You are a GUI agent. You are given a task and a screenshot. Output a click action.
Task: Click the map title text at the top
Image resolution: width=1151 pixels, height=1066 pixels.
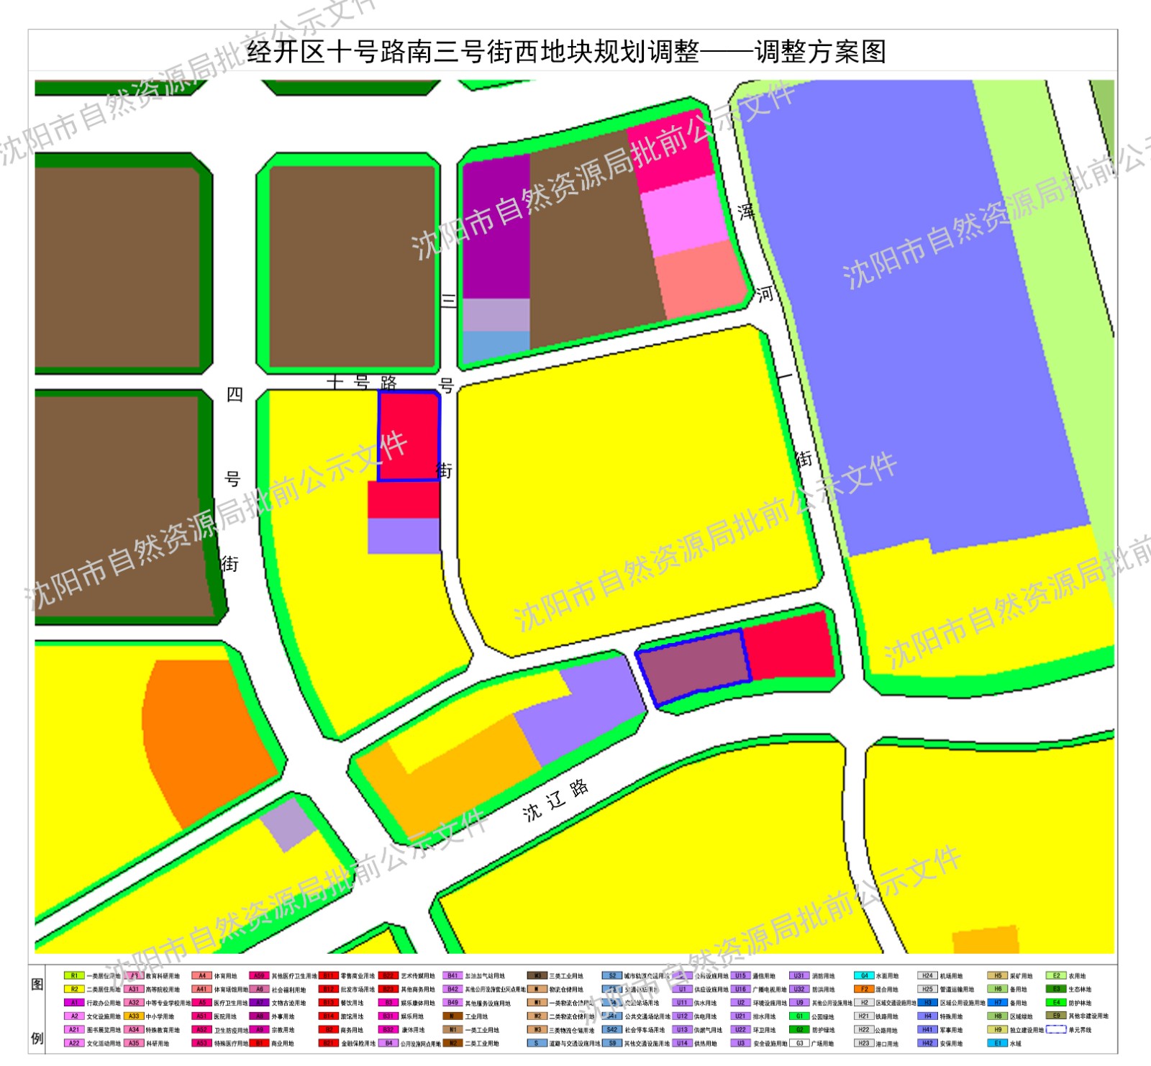[x=566, y=52]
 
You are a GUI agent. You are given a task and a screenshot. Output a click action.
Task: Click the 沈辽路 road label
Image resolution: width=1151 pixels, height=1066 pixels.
[x=555, y=801]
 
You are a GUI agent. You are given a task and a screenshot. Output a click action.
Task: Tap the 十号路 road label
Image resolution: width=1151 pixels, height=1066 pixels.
[x=361, y=382]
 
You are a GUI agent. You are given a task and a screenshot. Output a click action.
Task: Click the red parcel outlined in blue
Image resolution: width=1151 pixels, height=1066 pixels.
[x=409, y=436]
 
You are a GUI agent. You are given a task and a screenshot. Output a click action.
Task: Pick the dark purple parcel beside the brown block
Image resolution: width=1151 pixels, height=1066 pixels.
[x=496, y=230]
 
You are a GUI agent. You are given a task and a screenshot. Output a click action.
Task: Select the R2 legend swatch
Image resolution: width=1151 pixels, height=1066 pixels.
[x=74, y=990]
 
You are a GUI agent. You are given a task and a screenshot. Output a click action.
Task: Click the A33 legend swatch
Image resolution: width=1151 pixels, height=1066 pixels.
[x=134, y=1016]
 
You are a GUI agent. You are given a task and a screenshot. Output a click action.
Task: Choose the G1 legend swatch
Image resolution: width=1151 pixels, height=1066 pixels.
[x=799, y=1016]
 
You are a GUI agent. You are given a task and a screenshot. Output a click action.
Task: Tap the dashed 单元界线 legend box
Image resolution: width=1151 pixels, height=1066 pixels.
[x=1056, y=1030]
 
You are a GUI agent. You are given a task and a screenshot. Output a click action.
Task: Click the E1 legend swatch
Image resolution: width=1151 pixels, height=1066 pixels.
[x=998, y=1043]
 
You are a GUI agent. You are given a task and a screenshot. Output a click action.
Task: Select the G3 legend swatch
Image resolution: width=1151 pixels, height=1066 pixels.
[x=799, y=1043]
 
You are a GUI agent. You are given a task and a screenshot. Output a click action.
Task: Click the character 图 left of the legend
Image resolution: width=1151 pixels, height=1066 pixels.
[x=37, y=984]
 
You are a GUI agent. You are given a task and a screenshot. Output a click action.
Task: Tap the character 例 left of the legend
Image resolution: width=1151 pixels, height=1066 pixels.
[x=37, y=1038]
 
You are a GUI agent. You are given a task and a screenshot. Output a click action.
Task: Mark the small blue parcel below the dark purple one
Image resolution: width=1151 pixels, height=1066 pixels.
[x=496, y=346]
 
